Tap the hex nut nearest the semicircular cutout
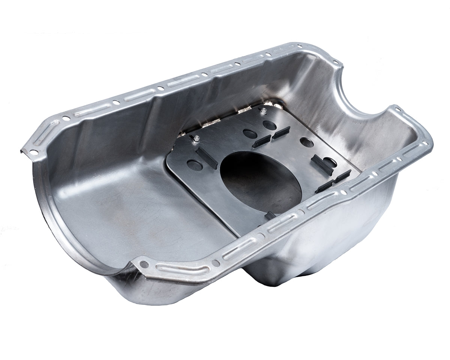[264, 111]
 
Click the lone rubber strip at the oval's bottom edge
[270, 216]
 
